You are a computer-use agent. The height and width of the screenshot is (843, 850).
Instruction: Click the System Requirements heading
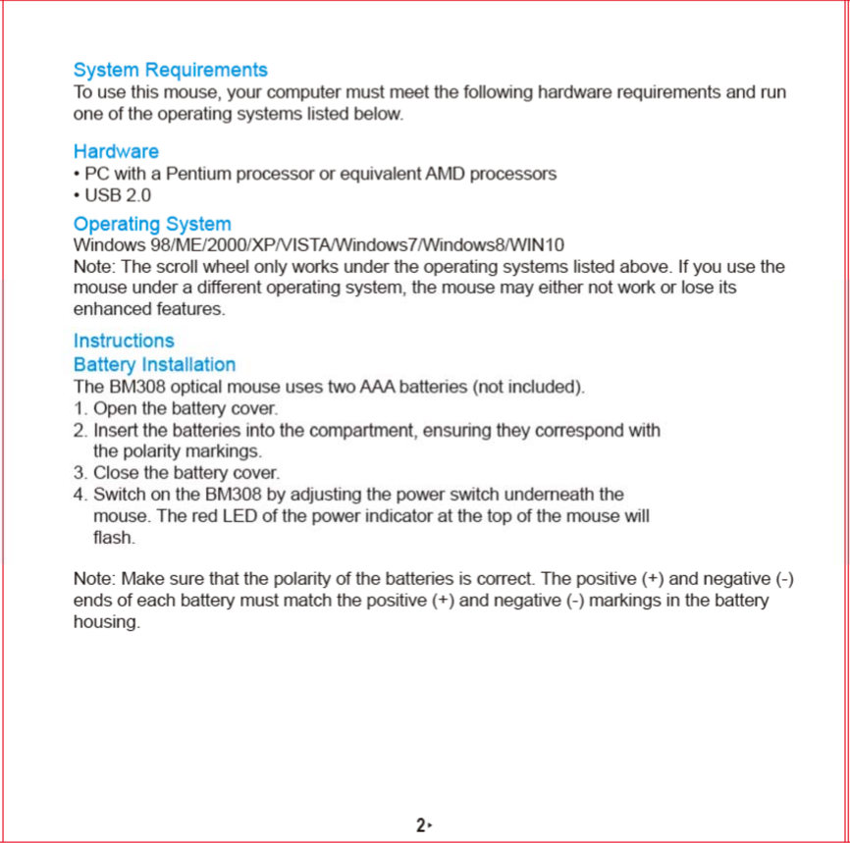tap(170, 71)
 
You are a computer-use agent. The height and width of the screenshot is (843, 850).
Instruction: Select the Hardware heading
tap(116, 152)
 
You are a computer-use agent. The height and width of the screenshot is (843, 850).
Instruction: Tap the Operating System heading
tap(152, 224)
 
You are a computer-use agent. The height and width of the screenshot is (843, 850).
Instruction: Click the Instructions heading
tap(124, 341)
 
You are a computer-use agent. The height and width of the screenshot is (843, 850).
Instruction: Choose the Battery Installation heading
tap(154, 365)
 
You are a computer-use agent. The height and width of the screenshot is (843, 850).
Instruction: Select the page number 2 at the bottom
tap(420, 825)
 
